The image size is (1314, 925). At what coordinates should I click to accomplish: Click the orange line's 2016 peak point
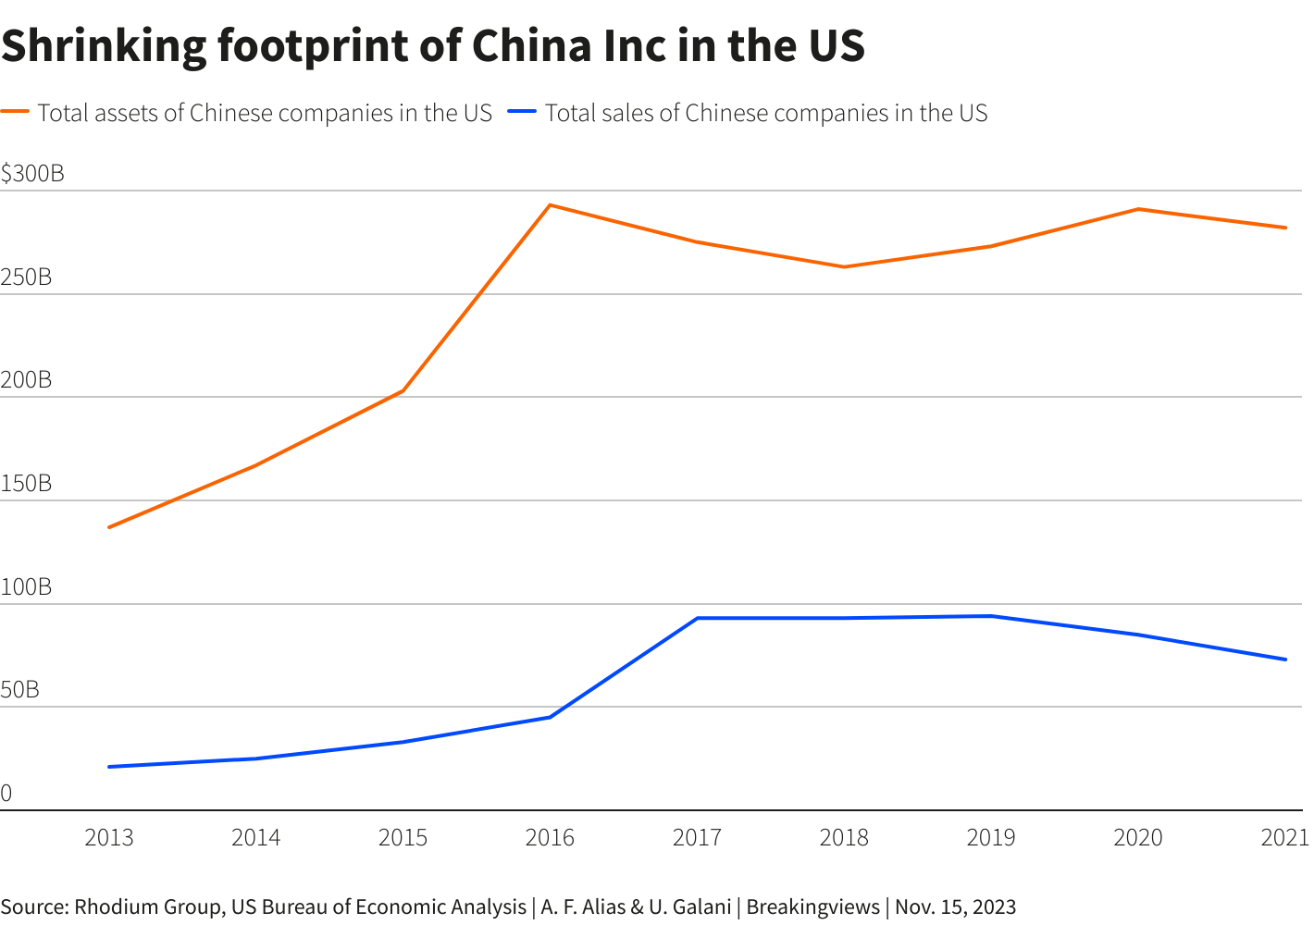point(550,205)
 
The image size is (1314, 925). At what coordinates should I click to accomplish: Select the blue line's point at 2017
point(697,618)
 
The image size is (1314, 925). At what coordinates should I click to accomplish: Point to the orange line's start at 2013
point(109,527)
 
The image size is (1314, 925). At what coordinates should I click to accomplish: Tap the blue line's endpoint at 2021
point(1285,660)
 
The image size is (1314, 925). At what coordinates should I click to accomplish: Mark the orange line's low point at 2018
point(844,267)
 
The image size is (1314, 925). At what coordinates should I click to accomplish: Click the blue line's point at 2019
point(991,616)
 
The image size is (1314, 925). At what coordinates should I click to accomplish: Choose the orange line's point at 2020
point(1138,209)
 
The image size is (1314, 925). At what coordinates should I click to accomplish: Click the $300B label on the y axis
point(32,174)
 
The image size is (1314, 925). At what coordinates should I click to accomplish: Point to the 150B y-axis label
point(26,484)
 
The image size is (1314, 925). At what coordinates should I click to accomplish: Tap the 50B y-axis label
point(20,690)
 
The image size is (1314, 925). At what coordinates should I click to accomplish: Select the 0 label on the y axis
point(6,794)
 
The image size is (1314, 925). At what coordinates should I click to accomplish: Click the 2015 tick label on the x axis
point(403,838)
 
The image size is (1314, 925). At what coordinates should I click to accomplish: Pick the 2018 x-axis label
point(844,838)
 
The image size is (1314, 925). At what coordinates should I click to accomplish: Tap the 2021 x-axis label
point(1285,838)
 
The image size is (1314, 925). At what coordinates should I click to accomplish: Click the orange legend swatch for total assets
point(16,112)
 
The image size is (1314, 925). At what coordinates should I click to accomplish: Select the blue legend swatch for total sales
point(523,112)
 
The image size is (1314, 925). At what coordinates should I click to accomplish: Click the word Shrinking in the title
point(105,46)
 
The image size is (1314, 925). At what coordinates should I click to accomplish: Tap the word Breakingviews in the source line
point(812,906)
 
